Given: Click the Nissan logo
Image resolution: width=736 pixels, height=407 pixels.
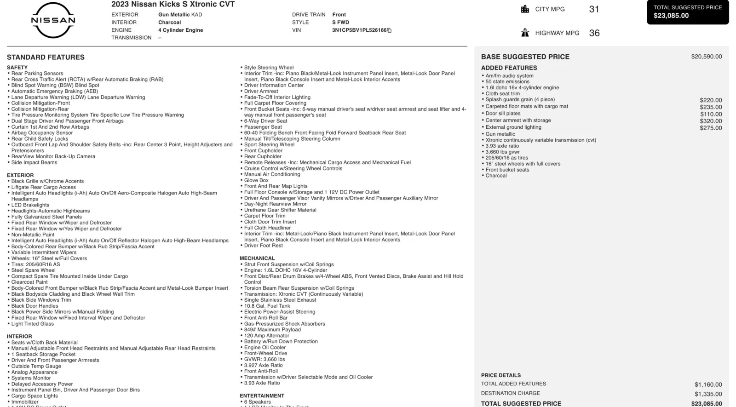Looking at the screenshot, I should pyautogui.click(x=53, y=20).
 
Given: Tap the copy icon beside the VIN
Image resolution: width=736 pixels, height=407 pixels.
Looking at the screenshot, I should pyautogui.click(x=390, y=30).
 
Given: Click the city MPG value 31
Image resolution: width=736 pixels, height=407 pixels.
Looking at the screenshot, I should pyautogui.click(x=594, y=9).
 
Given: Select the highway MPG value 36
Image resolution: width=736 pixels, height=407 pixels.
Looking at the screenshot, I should pyautogui.click(x=594, y=33).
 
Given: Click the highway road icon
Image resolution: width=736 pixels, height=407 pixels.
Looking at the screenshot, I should pyautogui.click(x=525, y=33).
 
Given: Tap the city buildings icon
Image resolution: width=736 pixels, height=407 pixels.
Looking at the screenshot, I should pyautogui.click(x=525, y=9).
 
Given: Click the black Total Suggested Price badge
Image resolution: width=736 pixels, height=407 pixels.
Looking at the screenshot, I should pyautogui.click(x=687, y=12).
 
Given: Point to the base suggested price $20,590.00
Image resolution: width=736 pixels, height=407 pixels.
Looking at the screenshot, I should pyautogui.click(x=706, y=57).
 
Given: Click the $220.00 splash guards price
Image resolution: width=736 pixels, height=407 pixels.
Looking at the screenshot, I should pyautogui.click(x=711, y=100).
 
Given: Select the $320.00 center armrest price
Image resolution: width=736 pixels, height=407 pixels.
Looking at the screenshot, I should pyautogui.click(x=711, y=121).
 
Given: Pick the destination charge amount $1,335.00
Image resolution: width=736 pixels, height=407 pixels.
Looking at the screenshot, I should pyautogui.click(x=708, y=394).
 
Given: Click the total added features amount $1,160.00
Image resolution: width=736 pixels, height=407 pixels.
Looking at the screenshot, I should pyautogui.click(x=708, y=384).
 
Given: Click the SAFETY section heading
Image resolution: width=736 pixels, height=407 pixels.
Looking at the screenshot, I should pyautogui.click(x=17, y=68).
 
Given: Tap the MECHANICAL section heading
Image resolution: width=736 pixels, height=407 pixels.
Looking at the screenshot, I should pyautogui.click(x=257, y=258).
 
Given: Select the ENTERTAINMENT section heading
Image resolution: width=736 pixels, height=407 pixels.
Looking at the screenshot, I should pyautogui.click(x=262, y=396).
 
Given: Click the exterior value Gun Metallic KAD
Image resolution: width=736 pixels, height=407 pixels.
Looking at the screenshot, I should pyautogui.click(x=180, y=15).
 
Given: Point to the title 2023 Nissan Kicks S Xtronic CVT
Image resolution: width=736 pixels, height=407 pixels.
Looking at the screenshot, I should pyautogui.click(x=173, y=5).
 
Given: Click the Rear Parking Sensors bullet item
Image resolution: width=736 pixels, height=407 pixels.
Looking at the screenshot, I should pyautogui.click(x=37, y=74).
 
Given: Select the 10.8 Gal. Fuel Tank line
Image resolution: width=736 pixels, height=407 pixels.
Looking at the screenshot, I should pyautogui.click(x=267, y=306).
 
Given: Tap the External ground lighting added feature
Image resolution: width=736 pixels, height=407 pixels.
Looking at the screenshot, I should pyautogui.click(x=513, y=127).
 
